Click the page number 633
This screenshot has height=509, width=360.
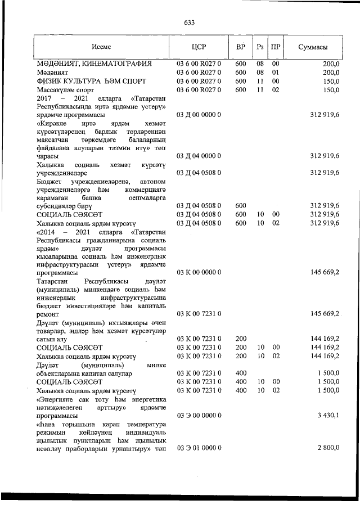click(188, 22)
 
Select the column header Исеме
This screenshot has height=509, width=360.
click(102, 48)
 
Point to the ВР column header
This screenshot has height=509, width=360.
click(241, 48)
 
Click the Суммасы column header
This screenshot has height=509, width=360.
click(313, 48)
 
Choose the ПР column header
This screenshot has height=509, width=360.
click(276, 48)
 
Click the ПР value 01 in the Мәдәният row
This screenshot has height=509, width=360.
click(276, 73)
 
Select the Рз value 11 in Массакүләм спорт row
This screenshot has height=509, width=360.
click(260, 89)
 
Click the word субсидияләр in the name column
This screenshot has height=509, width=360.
click(57, 206)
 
